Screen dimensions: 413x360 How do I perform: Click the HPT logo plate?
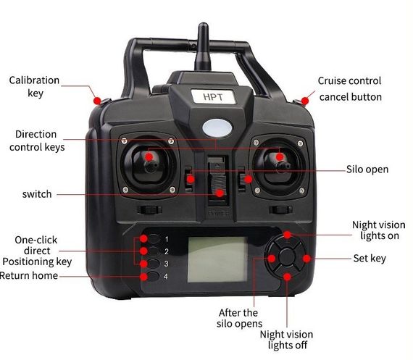(x=213, y=96)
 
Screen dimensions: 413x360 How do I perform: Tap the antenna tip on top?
(x=203, y=25)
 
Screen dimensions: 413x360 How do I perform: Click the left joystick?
(x=149, y=165)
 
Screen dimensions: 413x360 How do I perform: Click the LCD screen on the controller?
(x=217, y=259)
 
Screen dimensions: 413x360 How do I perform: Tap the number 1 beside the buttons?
(x=167, y=239)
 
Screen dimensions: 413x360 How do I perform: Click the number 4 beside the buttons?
(x=166, y=276)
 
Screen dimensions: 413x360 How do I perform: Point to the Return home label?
(x=29, y=275)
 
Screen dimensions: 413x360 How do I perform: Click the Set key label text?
(x=370, y=259)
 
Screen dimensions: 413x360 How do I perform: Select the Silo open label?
(x=367, y=169)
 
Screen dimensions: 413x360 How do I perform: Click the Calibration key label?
(x=34, y=87)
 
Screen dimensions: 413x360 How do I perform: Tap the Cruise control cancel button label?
(x=350, y=89)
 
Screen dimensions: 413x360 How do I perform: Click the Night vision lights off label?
(x=287, y=340)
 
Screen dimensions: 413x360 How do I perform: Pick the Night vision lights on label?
(x=379, y=230)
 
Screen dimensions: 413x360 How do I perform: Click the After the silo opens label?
(x=239, y=318)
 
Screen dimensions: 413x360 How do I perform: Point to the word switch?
(x=37, y=194)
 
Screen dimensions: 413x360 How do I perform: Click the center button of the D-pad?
(x=287, y=256)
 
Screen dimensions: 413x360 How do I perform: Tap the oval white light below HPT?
(x=217, y=128)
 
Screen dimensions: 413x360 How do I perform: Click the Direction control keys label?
(x=37, y=141)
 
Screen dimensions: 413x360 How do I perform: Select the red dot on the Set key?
(x=306, y=259)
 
